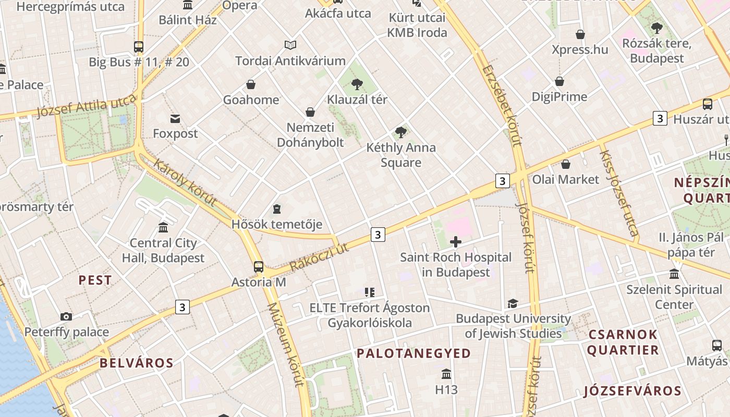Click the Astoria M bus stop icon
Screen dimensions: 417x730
pyautogui.click(x=259, y=267)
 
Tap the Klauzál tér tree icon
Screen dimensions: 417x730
pyautogui.click(x=357, y=84)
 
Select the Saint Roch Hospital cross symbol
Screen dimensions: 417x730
pyautogui.click(x=456, y=241)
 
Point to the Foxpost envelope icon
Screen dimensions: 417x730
pyautogui.click(x=175, y=119)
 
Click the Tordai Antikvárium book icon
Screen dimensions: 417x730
pyautogui.click(x=290, y=45)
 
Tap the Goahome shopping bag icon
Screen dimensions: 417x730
pyautogui.click(x=251, y=84)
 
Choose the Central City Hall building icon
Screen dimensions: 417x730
pyautogui.click(x=163, y=228)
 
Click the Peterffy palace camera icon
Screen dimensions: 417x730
pyautogui.click(x=66, y=316)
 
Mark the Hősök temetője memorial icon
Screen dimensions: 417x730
pyautogui.click(x=277, y=209)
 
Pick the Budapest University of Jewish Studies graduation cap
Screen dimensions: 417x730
pyautogui.click(x=513, y=303)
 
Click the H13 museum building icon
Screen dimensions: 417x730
pyautogui.click(x=446, y=374)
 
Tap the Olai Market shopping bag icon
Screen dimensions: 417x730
pyautogui.click(x=566, y=165)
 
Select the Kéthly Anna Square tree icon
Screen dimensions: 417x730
pyautogui.click(x=401, y=132)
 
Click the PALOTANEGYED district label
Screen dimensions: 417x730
pyautogui.click(x=413, y=353)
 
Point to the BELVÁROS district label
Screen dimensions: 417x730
pyautogui.click(x=136, y=363)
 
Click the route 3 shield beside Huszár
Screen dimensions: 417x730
pyautogui.click(x=660, y=119)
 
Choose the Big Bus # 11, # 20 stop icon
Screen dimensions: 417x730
pyautogui.click(x=139, y=47)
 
